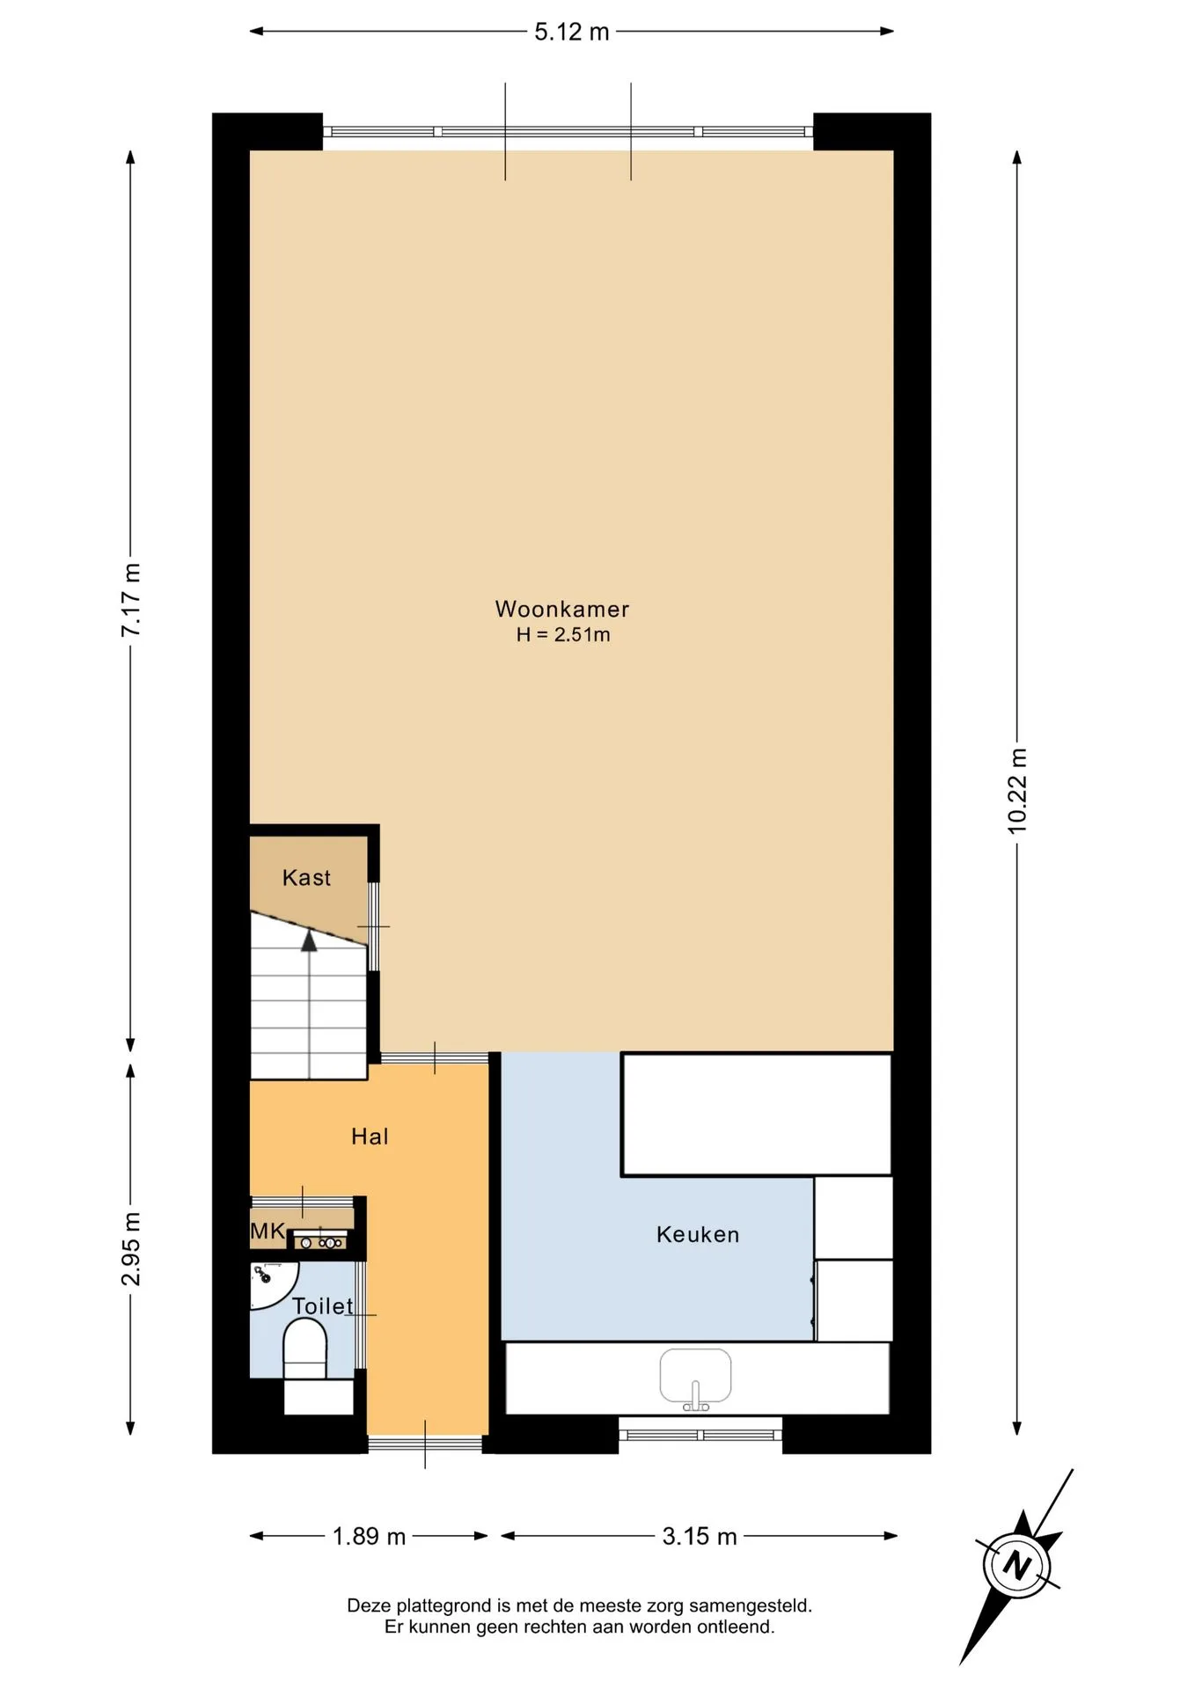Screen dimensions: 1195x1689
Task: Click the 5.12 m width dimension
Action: [x=572, y=33]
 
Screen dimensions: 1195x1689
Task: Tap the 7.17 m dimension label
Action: [x=131, y=599]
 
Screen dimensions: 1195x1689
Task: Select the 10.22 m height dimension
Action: [x=1017, y=791]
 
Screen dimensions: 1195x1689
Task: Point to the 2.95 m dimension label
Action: [x=131, y=1248]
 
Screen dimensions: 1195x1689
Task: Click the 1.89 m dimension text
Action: [x=369, y=1537]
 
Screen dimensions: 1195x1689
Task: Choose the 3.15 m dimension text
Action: [x=700, y=1537]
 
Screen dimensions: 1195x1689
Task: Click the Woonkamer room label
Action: [x=562, y=609]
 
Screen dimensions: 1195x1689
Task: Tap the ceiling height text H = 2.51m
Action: [x=563, y=635]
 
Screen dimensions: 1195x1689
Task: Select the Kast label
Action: [x=306, y=877]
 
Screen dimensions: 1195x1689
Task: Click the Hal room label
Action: [x=370, y=1137]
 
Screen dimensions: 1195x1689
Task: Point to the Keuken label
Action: [x=698, y=1234]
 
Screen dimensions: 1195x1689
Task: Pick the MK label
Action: [x=268, y=1231]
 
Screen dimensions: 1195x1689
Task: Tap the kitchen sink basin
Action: [x=695, y=1376]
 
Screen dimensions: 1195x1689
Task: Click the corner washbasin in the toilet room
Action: [x=273, y=1284]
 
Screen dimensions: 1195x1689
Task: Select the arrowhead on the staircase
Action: [x=309, y=940]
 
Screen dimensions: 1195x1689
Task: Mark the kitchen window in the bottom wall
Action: [x=700, y=1435]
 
